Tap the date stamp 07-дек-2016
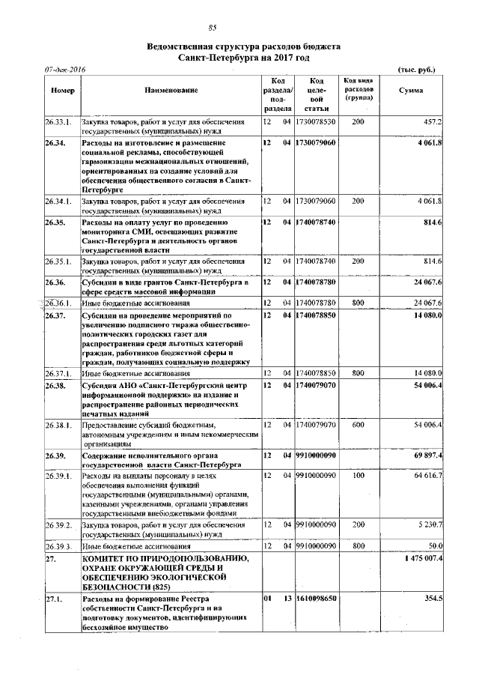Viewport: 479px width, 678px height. [65, 70]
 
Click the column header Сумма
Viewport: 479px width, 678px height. [410, 91]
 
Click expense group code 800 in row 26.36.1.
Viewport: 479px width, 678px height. [358, 303]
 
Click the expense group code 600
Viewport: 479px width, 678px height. [358, 425]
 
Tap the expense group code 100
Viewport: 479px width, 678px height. [358, 475]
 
